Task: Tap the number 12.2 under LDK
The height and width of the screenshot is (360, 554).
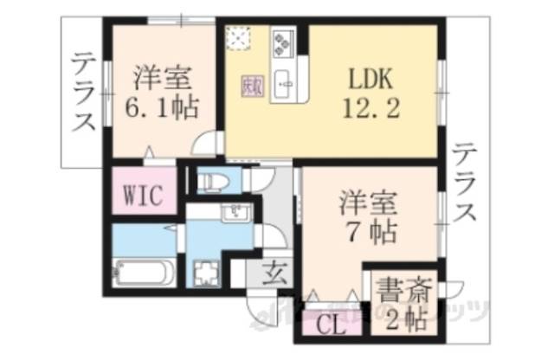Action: point(372,109)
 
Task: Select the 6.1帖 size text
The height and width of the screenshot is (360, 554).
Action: point(162,109)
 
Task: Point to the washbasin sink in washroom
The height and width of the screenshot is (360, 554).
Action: point(234,214)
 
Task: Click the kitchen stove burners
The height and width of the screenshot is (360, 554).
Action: point(284,42)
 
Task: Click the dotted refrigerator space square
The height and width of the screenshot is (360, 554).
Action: point(238,39)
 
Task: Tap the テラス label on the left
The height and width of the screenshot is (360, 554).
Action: point(84,93)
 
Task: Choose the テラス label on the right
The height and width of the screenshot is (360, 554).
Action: point(465,183)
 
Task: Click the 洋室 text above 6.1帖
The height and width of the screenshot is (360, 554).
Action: point(162,79)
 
